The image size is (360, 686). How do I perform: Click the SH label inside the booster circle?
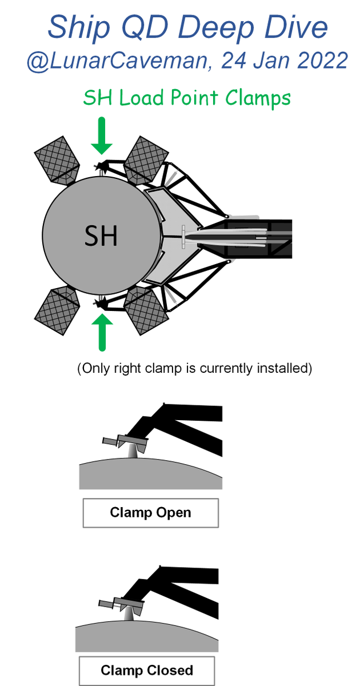coord(101,236)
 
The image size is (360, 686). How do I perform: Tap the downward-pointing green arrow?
coord(102,135)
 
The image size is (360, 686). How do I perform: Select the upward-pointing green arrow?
coord(102,332)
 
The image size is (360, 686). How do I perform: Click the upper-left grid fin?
coord(57,160)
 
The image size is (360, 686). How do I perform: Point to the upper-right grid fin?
coord(146,159)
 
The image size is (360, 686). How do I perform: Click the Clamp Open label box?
coord(151,513)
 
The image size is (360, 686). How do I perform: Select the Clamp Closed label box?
coord(147,670)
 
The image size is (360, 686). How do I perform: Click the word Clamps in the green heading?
coord(258,98)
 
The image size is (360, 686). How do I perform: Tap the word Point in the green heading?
coord(194,98)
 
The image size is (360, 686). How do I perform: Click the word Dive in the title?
coord(296,27)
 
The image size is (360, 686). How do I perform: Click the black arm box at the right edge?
coord(259,238)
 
